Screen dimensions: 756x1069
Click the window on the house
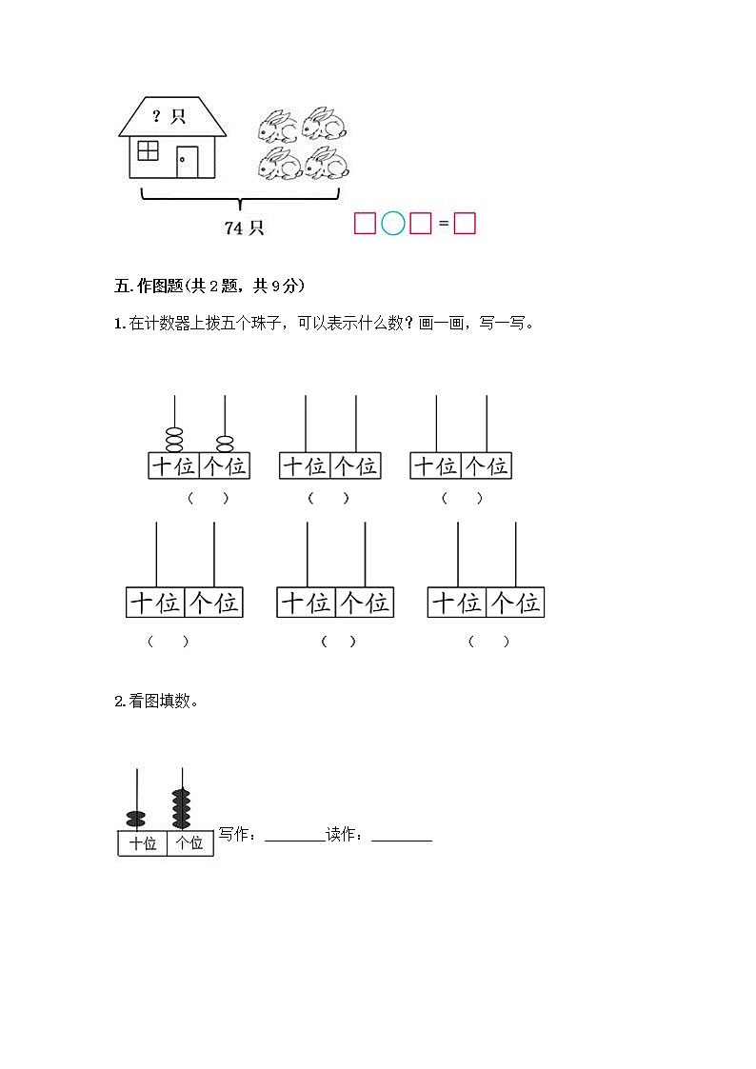(149, 150)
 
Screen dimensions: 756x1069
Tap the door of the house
(187, 162)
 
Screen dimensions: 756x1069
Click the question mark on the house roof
(157, 116)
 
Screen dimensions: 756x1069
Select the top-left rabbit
(277, 126)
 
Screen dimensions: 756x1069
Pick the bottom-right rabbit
(327, 164)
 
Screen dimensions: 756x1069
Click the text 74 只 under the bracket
(244, 228)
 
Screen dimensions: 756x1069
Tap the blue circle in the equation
(393, 224)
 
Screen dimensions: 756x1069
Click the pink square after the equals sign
(465, 224)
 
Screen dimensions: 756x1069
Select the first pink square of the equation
(365, 224)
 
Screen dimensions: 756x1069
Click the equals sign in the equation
(443, 225)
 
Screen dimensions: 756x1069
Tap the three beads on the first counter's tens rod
(175, 440)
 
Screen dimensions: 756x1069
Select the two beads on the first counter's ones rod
(226, 444)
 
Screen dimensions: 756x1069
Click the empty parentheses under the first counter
(208, 498)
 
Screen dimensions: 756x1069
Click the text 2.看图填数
(157, 702)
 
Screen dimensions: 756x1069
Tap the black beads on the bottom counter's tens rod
(137, 817)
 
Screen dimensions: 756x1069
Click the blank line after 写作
(294, 837)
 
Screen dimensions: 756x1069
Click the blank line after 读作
(402, 837)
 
